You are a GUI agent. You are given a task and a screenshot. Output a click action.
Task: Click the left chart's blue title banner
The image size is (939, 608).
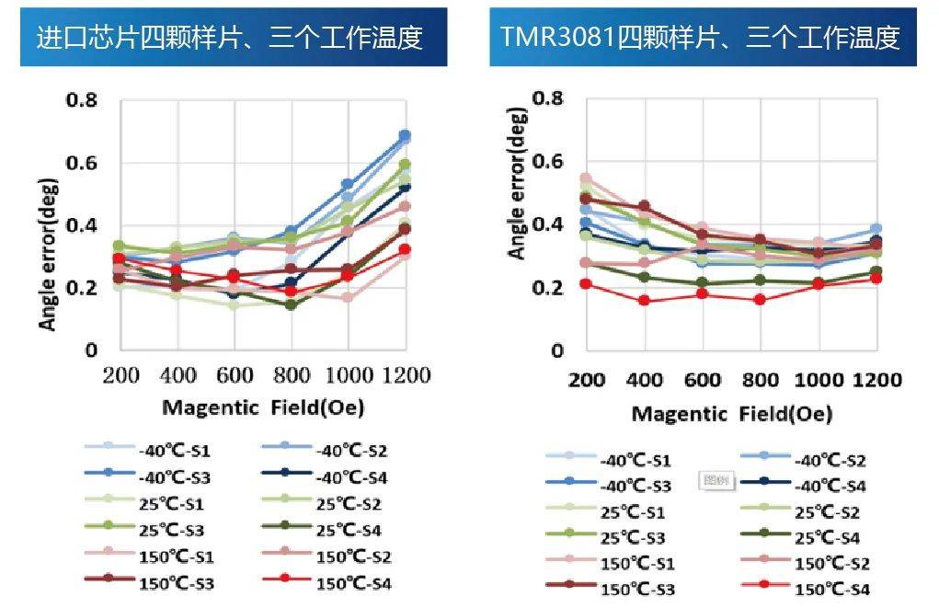point(234,37)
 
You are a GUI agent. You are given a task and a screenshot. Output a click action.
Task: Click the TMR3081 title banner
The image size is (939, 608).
point(700,37)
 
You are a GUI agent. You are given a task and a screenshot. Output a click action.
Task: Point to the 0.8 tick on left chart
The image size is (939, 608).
point(82,99)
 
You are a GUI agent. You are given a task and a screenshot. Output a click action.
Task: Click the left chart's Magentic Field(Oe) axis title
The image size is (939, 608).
point(263,407)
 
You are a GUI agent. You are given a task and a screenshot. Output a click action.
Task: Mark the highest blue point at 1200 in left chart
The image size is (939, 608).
point(404,135)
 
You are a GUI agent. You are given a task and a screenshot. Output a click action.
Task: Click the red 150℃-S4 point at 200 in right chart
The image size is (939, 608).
point(586,283)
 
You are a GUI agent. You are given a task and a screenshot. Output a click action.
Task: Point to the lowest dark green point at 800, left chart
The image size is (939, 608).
point(291,304)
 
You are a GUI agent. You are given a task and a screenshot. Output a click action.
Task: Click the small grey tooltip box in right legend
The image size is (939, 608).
point(715,480)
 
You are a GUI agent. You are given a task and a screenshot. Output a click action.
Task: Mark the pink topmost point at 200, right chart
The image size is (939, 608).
point(586,178)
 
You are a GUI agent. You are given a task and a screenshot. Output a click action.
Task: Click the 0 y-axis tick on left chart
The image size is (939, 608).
point(91,350)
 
